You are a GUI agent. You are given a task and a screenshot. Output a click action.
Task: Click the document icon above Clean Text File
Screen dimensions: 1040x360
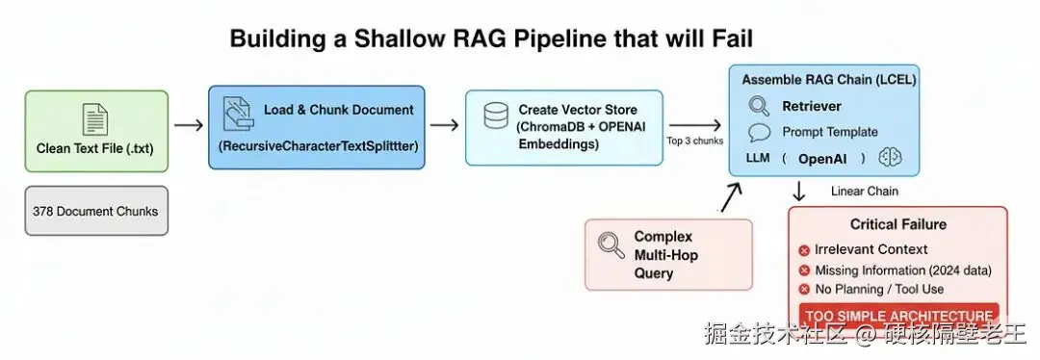(94, 119)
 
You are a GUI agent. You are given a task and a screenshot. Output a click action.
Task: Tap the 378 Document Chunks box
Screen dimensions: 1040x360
(96, 211)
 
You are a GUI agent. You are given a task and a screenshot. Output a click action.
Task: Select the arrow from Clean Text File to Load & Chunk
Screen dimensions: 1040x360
(189, 124)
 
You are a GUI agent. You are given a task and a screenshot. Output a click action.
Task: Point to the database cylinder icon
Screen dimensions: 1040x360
(496, 116)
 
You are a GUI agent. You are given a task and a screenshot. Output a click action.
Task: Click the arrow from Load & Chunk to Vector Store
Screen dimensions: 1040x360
(444, 124)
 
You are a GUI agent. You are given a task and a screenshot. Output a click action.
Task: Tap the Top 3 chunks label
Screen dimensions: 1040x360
(694, 141)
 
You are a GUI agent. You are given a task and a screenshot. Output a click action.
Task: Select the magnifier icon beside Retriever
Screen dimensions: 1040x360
(759, 106)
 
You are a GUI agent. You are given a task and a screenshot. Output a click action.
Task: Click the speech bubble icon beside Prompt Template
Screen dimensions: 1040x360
(760, 133)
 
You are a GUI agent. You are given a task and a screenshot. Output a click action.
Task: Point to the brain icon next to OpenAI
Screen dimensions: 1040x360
(890, 158)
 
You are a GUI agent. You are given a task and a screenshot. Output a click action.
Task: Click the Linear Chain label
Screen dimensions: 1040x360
(864, 191)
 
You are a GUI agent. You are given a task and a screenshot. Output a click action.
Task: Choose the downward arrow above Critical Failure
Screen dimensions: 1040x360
(799, 191)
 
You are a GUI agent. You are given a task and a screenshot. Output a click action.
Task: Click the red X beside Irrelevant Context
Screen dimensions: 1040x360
(804, 250)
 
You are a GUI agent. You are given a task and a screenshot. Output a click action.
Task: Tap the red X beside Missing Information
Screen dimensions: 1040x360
(804, 270)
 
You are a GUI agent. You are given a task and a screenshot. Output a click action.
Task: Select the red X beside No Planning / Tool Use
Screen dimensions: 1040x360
(804, 289)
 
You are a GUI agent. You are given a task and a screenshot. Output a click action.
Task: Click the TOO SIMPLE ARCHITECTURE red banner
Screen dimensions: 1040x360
(899, 315)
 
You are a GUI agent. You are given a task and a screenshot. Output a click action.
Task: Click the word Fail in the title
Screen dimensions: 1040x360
(728, 39)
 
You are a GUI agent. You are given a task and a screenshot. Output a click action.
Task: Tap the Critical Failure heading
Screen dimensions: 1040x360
(898, 224)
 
